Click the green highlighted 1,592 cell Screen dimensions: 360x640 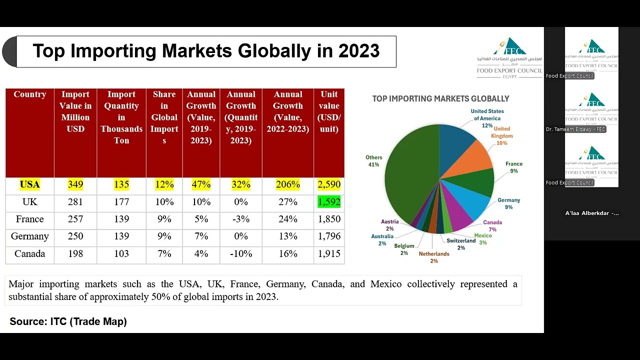329,202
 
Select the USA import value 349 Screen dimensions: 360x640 75,184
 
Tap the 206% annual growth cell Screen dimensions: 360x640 288,184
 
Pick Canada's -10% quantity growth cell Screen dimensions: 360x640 240,253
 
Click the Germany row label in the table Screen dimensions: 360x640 29,236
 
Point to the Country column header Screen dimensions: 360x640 29,94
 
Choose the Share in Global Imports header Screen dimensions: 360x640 164,117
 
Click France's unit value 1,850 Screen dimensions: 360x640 329,219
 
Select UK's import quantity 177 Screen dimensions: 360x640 121,202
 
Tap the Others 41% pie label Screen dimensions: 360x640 373,161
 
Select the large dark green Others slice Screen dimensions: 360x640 410,175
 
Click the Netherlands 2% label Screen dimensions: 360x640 434,257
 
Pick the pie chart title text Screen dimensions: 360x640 440,99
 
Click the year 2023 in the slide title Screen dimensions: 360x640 358,51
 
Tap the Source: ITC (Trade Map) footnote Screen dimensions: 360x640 68,321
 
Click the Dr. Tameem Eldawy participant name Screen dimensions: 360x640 575,129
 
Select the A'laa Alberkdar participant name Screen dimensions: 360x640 592,213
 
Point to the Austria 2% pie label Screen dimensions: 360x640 389,225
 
